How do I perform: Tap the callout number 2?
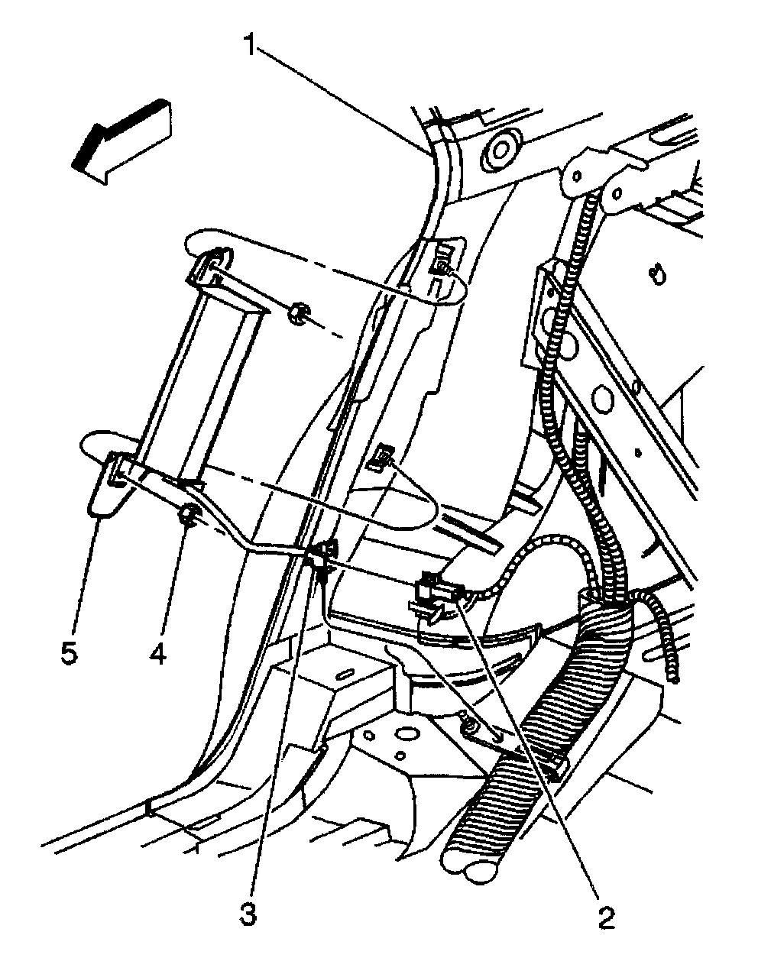606,916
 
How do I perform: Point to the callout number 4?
158,655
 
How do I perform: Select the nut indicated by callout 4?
189,516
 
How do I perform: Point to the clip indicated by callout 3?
326,555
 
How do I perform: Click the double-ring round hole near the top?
500,147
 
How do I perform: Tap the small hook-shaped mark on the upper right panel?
654,273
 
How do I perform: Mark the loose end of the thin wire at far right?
673,673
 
